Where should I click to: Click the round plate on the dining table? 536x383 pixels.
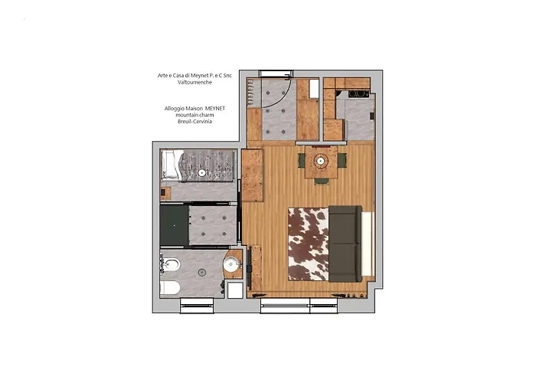[x=320, y=161]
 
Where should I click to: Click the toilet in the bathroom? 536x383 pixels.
[x=170, y=288]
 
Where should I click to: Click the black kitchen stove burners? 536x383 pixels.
[x=358, y=94]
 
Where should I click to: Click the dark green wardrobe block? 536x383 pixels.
[x=174, y=225]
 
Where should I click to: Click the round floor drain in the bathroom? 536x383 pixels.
[x=201, y=272]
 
